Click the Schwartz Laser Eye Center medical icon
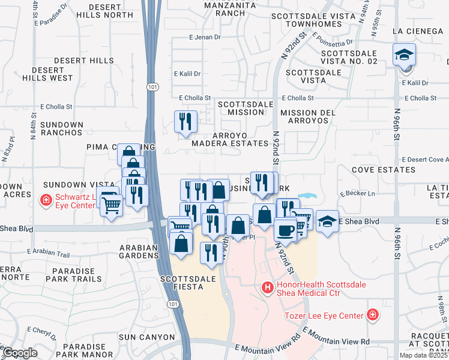pos(46,200)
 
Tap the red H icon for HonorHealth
pos(268,289)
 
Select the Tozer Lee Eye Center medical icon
pos(373,315)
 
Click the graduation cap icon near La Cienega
pos(405,55)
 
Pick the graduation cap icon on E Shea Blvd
pos(327,221)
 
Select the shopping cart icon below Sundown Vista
pos(112,207)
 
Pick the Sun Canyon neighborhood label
pos(139,337)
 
